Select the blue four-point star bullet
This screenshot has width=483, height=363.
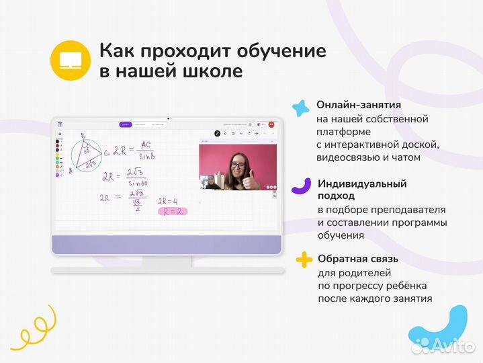303,108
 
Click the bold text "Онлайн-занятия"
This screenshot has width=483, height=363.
359,106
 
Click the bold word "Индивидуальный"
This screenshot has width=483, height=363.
371,184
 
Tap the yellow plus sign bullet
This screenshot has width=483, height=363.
304,259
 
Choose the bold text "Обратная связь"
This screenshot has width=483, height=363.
358,259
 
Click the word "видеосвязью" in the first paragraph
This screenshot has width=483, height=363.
348,158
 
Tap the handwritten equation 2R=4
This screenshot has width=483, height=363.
167,201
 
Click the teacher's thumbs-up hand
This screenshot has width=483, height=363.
252,181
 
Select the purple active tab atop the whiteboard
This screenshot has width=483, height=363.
125,124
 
